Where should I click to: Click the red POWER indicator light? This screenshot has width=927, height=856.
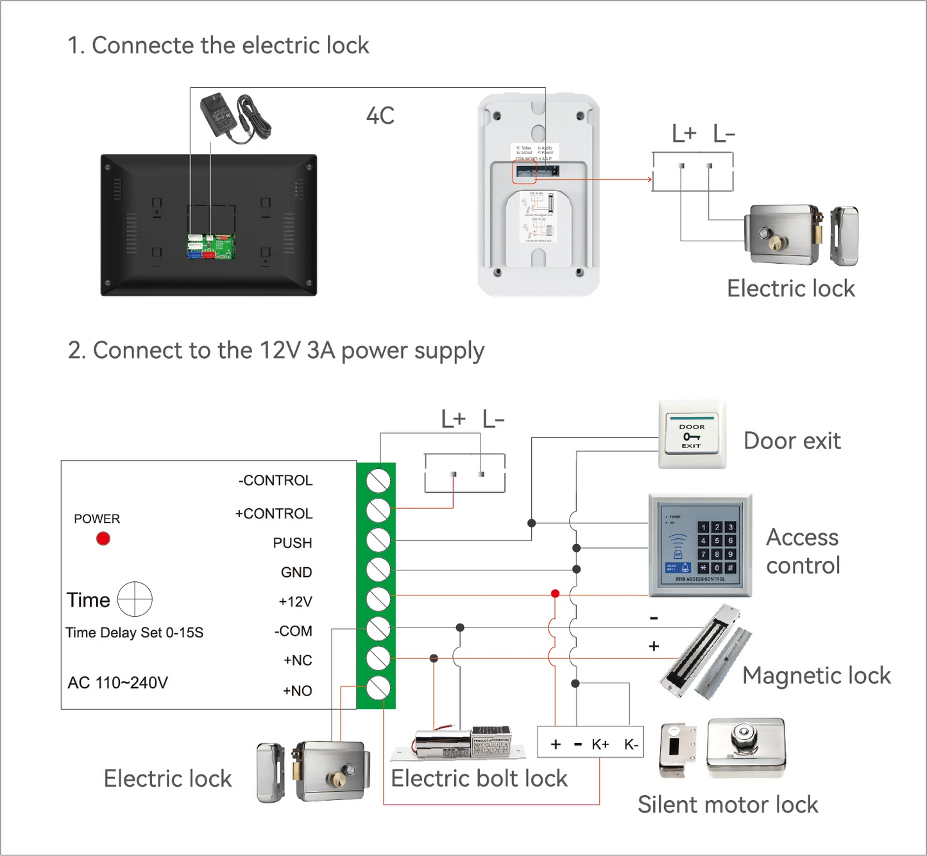click(103, 538)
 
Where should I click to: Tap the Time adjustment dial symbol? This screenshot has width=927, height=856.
click(135, 599)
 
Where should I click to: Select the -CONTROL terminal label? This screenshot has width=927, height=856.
click(275, 481)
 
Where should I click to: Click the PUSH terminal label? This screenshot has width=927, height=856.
click(293, 543)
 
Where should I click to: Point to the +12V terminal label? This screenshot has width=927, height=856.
click(295, 602)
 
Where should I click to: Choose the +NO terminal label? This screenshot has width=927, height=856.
click(298, 691)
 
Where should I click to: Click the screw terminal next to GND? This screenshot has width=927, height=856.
click(378, 570)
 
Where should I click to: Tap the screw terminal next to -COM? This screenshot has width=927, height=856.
click(378, 629)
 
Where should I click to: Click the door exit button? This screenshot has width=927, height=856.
click(692, 435)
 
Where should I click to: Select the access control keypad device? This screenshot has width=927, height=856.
click(700, 545)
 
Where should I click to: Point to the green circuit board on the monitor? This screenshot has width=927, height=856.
click(211, 246)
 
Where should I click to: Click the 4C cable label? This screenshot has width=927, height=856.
click(380, 116)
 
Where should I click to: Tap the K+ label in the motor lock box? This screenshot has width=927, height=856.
click(600, 744)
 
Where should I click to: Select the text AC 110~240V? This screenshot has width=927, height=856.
click(118, 683)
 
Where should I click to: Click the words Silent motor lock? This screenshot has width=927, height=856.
click(727, 805)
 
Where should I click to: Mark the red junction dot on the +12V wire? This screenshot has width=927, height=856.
click(556, 594)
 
